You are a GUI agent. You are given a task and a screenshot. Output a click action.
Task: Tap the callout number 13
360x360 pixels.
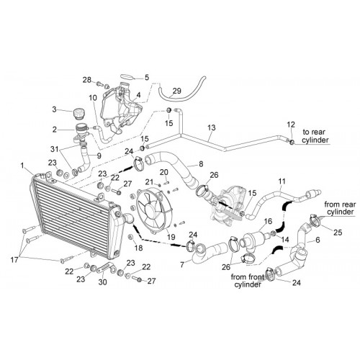[x=212, y=127]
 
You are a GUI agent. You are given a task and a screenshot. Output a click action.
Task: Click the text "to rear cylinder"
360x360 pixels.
[x=315, y=136]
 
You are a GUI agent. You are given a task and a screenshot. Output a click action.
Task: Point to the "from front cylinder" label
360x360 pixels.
[x=247, y=281]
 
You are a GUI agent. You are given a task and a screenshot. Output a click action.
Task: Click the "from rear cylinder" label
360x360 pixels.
[x=340, y=208]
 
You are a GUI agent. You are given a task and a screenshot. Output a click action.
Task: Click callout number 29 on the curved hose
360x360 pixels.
[x=177, y=91]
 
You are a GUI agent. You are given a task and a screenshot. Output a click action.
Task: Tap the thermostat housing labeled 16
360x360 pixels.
[x=255, y=236]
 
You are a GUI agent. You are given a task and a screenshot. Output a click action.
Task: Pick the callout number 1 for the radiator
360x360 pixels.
[x=22, y=166]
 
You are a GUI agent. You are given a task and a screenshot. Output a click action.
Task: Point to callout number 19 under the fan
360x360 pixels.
[x=171, y=237]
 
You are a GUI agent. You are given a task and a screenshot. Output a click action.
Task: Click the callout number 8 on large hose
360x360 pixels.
[x=201, y=163]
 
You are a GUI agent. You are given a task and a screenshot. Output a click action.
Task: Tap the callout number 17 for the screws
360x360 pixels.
[x=14, y=259]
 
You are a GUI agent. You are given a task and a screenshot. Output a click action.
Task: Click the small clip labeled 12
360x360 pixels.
[x=292, y=142]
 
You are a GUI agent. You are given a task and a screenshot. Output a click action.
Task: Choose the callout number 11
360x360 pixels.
[x=282, y=181]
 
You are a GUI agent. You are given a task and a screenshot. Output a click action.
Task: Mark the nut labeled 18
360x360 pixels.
[x=131, y=237]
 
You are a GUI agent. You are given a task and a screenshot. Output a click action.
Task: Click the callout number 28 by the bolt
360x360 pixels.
[x=87, y=80]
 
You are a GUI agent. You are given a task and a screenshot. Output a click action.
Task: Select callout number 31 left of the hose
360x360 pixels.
[x=55, y=149]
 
